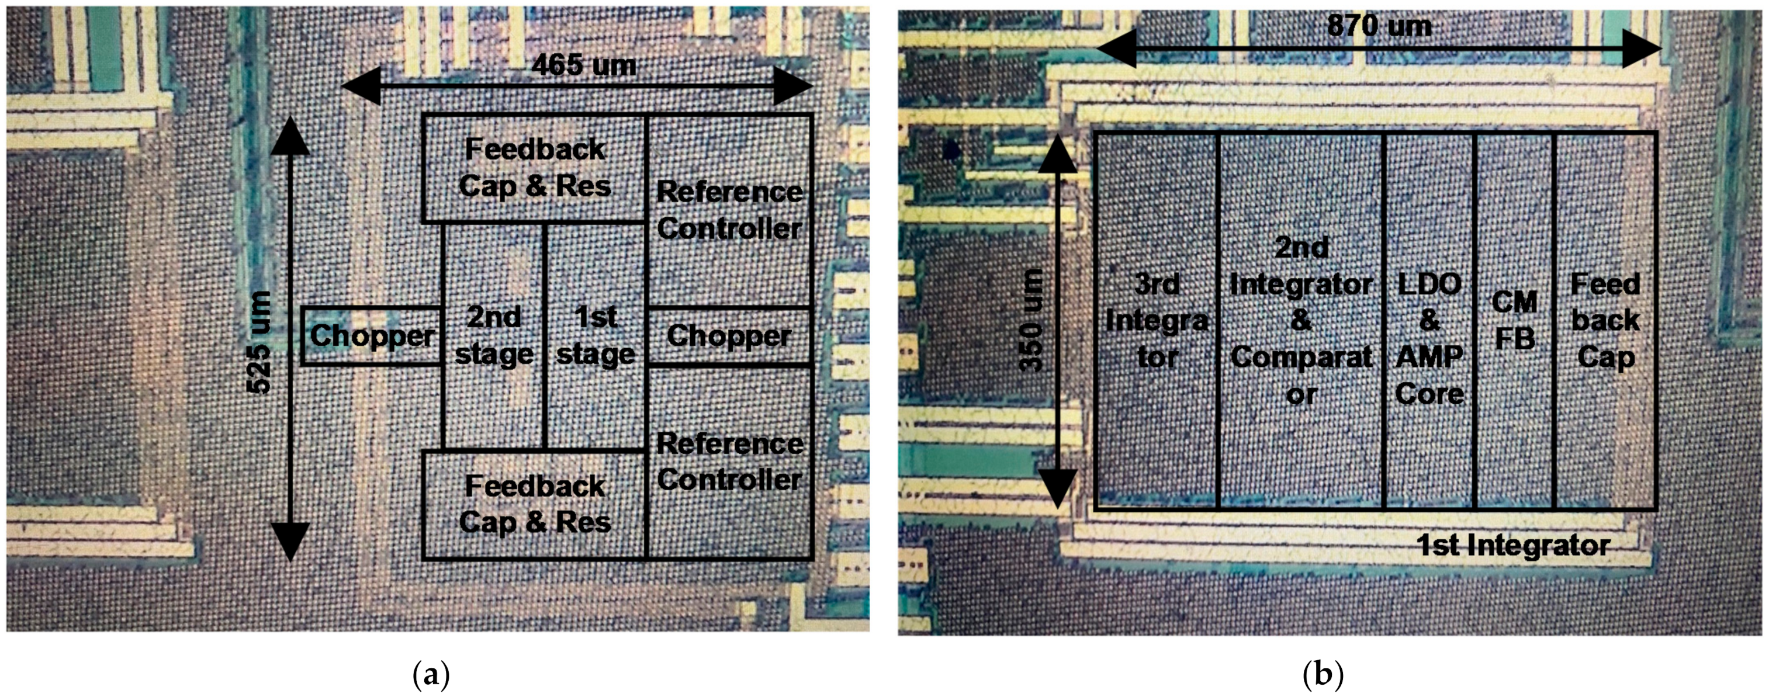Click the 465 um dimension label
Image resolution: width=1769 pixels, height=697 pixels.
[584, 66]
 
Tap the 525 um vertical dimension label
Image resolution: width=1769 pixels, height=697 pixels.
[259, 342]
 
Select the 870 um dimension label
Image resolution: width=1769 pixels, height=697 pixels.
[1380, 26]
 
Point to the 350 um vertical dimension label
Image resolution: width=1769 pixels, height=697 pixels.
[1031, 321]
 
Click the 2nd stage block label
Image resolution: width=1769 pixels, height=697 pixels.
[494, 335]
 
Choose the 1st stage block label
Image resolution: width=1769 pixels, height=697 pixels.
[596, 335]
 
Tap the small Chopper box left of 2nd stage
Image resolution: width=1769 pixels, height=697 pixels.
[372, 336]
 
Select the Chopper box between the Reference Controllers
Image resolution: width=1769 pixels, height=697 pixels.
[729, 336]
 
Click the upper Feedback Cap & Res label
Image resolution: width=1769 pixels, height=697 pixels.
[535, 168]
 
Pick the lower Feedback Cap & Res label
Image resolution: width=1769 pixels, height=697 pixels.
[535, 504]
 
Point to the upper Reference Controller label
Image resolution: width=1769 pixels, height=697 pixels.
[729, 210]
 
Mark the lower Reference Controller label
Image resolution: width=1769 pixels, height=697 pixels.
[729, 462]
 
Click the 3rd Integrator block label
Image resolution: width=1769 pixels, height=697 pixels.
[1157, 321]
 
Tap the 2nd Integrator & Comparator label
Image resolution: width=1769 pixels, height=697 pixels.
[1301, 321]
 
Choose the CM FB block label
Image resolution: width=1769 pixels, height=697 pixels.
[1514, 321]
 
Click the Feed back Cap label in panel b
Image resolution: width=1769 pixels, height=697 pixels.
[1605, 321]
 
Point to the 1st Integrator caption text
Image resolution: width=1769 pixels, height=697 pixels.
[1513, 546]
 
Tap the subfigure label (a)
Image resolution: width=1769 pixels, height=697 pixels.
[431, 675]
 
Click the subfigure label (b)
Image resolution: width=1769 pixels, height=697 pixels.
[1322, 675]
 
